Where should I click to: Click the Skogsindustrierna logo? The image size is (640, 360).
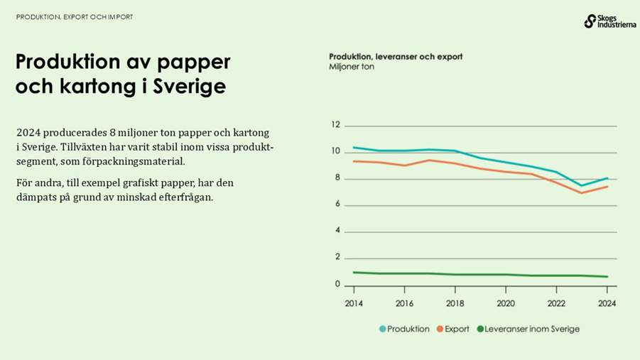click(x=609, y=21)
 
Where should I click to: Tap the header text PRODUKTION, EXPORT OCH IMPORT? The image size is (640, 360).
click(x=75, y=16)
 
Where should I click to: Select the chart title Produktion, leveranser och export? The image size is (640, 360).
click(x=396, y=56)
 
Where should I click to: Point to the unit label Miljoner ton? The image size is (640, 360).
click(x=351, y=67)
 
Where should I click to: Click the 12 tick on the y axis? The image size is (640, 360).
click(x=336, y=125)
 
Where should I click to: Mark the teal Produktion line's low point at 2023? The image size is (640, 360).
click(x=582, y=186)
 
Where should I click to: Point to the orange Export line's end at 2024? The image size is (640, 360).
click(x=607, y=187)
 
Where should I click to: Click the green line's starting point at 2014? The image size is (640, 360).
click(x=354, y=272)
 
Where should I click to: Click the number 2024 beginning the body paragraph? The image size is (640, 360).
click(x=28, y=133)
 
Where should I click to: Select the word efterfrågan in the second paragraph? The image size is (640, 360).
click(x=183, y=197)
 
